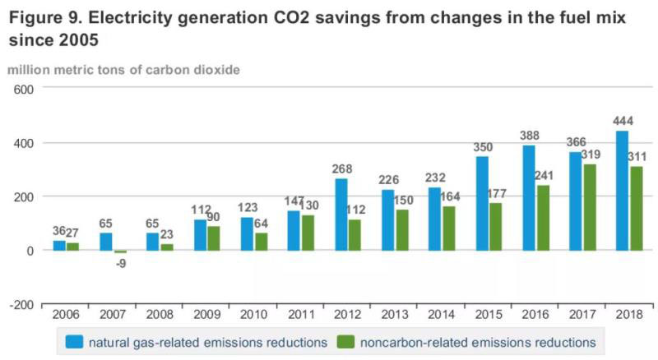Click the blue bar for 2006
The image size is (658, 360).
tap(59, 246)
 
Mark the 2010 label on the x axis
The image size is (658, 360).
tap(253, 316)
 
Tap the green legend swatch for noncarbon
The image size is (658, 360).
tap(347, 341)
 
